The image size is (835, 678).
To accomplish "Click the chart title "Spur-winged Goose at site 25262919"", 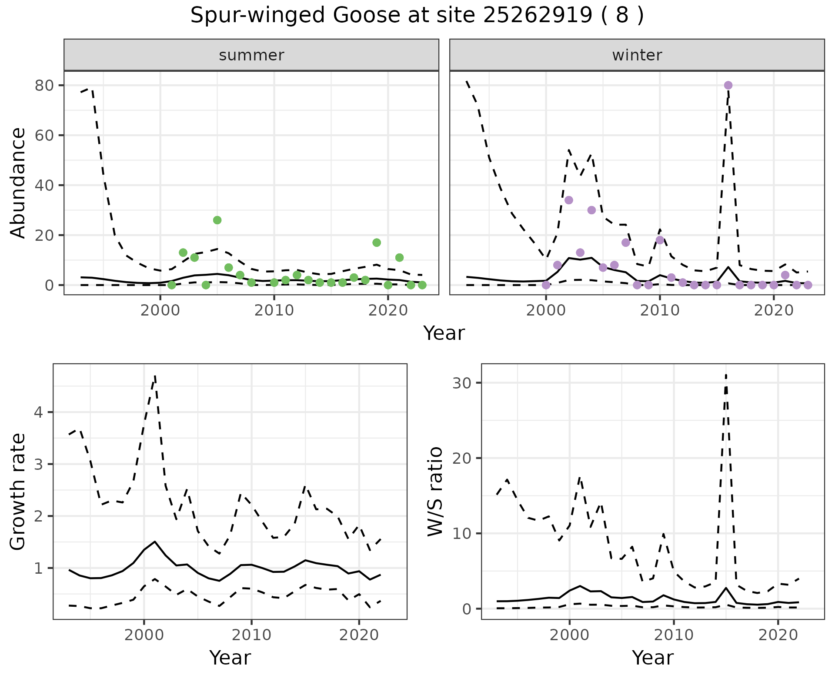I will [x=417, y=16].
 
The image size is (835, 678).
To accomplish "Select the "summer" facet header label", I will [x=251, y=55].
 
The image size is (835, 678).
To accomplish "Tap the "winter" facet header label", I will [x=637, y=55].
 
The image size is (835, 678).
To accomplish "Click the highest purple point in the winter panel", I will [x=728, y=85].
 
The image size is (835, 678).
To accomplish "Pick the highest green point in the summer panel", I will [x=217, y=220].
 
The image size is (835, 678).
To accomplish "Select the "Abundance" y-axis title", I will [x=18, y=183].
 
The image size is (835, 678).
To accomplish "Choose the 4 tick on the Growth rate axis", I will [x=39, y=412].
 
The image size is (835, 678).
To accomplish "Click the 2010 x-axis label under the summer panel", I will [x=274, y=311].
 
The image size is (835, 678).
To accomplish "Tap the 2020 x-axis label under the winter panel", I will [x=774, y=311].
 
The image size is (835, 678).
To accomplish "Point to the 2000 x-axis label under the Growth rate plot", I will [x=144, y=635].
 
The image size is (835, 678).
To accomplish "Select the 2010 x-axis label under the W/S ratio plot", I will [x=674, y=635].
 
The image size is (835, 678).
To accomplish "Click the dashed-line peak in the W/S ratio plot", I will [x=726, y=375].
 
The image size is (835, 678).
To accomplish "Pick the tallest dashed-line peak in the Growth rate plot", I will [x=155, y=376].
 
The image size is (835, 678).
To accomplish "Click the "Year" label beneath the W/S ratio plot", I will [x=653, y=658].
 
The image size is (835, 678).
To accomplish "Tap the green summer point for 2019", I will [x=377, y=243].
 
